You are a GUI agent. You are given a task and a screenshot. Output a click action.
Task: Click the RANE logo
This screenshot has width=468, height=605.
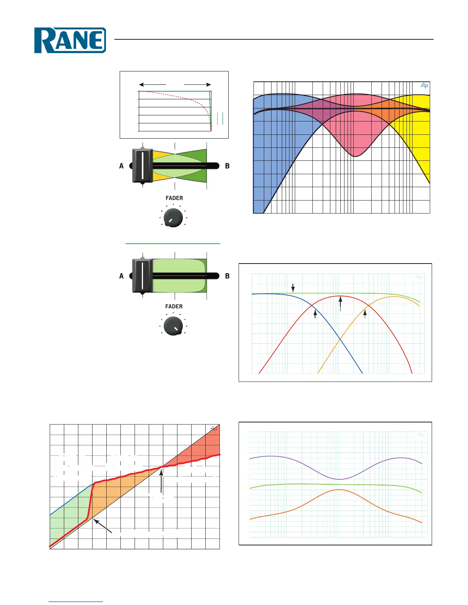70,40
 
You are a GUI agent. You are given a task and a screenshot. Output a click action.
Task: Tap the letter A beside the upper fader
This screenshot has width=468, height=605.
122,166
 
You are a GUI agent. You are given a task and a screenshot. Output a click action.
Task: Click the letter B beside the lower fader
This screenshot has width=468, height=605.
227,276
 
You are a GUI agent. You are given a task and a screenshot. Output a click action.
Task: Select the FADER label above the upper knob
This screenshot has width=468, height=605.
174,198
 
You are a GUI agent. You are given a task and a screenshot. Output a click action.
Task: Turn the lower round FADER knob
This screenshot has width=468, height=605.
173,326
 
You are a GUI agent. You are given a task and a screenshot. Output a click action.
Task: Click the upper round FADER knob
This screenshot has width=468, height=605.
173,218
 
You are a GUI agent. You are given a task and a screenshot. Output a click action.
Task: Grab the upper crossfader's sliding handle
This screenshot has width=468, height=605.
143,166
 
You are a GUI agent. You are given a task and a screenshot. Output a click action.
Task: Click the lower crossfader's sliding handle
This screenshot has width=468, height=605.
143,276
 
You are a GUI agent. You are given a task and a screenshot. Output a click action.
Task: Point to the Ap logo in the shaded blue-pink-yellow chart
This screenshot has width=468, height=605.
424,86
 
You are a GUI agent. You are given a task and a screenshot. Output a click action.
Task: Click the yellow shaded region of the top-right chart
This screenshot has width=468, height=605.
415,126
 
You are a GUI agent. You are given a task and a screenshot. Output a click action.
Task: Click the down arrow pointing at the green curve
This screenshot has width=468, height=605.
293,288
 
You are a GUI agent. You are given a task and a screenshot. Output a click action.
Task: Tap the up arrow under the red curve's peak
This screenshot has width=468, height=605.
340,304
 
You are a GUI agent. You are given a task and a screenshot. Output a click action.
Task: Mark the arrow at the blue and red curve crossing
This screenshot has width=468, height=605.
315,314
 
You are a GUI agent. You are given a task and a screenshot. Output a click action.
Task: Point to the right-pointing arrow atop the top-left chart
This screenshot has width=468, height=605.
197,84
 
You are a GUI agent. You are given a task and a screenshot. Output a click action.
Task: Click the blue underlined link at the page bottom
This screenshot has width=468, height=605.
76,602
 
